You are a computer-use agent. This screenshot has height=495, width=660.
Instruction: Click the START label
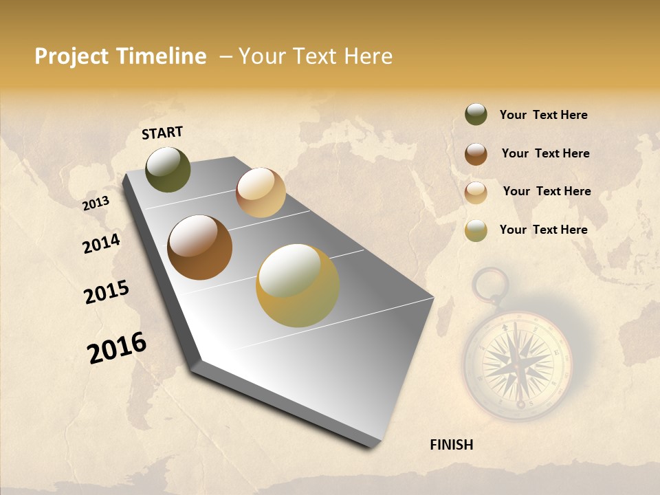pos(162,133)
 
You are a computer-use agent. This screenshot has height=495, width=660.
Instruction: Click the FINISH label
pos(451,445)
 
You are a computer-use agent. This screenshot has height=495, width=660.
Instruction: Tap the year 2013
pos(96,203)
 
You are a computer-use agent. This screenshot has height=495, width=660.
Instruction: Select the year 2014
pos(101,244)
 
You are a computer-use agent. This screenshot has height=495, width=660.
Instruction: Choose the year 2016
pos(117,348)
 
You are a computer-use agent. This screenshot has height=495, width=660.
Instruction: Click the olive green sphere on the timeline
pos(168,169)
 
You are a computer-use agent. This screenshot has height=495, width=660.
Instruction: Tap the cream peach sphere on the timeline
pos(261,192)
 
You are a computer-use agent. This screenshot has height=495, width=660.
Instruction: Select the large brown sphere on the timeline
pos(199,247)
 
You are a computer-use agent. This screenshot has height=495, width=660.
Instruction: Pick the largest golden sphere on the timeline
pos(298,285)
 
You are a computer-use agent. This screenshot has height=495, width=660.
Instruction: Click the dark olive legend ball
pos(476,115)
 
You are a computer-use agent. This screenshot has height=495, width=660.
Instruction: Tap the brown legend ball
pos(476,154)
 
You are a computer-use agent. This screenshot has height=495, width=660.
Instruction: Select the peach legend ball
pos(476,192)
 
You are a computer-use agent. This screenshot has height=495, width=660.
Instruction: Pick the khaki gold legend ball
pos(476,230)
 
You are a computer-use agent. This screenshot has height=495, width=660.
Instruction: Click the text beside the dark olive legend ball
pos(543,115)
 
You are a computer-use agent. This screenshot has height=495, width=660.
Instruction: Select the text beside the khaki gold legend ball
pos(543,230)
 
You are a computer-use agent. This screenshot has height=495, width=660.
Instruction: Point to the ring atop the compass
pos(490,283)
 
